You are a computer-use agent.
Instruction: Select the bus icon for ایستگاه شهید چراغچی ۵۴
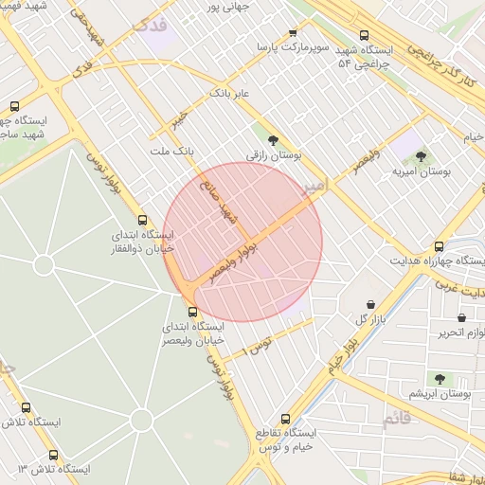coord(365,36)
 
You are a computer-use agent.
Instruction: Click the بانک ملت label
coord(171,150)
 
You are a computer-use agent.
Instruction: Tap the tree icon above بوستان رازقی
coord(273,139)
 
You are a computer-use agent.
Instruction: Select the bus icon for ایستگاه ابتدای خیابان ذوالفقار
coord(142,219)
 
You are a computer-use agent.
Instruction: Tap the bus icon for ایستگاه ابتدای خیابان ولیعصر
coord(193,311)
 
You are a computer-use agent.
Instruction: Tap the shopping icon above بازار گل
coord(369,305)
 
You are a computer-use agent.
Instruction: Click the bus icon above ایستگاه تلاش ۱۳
coord(52,455)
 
